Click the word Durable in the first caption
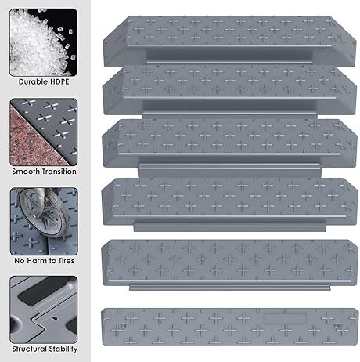click(32, 81)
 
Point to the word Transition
click(59, 171)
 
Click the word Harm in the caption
click(44, 260)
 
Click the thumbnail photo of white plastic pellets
click(44, 40)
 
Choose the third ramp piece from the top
click(227, 139)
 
